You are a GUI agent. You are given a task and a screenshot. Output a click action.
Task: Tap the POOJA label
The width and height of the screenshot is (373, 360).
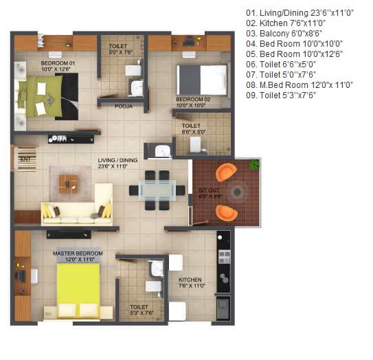click(x=124, y=106)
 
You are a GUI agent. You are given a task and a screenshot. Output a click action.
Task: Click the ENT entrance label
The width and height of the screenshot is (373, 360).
click(x=25, y=159)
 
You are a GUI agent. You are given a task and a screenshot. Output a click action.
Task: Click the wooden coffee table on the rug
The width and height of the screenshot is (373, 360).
click(x=68, y=182)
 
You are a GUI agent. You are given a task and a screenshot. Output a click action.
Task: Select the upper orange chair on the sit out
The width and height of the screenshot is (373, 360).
click(x=225, y=171)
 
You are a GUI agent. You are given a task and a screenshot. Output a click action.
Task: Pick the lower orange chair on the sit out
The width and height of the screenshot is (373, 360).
click(x=226, y=212)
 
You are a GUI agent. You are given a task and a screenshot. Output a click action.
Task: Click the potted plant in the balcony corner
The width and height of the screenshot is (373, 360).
click(x=254, y=165)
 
